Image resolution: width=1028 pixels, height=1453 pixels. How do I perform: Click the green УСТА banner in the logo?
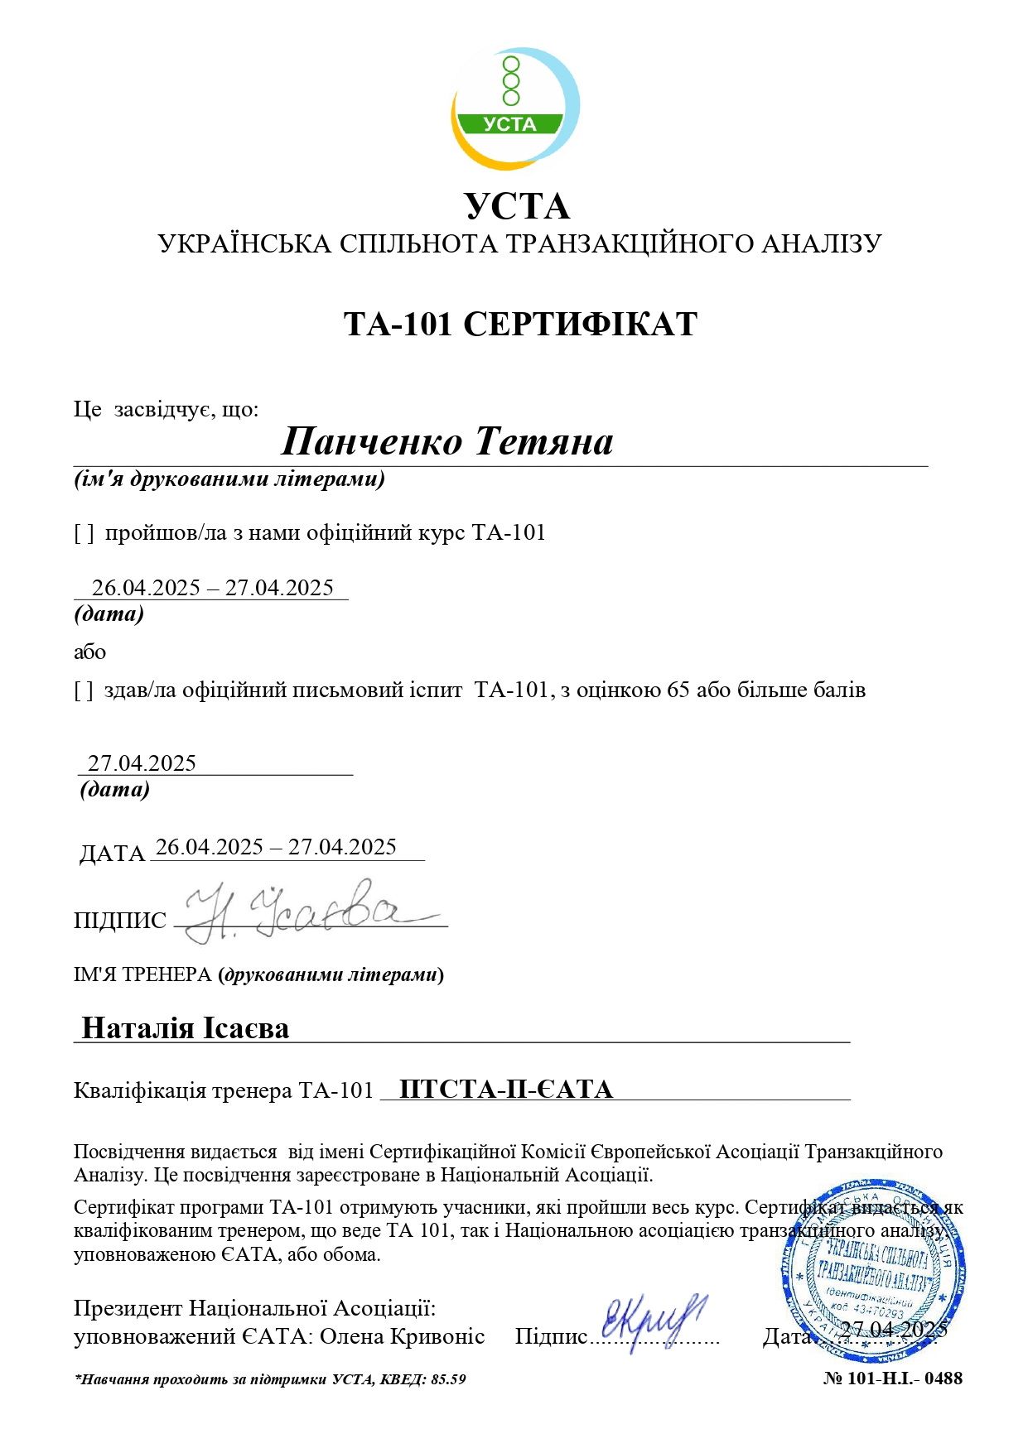510,124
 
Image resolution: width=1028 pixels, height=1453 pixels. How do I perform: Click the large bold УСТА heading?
517,207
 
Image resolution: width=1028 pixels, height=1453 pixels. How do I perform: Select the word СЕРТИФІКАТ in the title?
580,324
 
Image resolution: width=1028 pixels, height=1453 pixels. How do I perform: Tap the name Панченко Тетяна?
447,441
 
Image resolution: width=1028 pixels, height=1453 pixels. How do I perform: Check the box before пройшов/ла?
84,533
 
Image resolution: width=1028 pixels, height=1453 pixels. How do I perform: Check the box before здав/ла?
84,690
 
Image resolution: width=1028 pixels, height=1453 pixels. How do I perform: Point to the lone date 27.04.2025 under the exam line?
142,763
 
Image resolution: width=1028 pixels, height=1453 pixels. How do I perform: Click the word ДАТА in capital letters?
112,854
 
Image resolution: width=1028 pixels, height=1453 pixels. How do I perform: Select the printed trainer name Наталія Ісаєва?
186,1028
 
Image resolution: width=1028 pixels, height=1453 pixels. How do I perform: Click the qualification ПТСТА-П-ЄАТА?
506,1090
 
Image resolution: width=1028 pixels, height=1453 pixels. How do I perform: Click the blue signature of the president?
654,1320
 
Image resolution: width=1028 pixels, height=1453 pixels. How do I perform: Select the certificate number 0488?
944,1378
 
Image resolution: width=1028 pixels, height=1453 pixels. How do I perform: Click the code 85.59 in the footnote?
448,1379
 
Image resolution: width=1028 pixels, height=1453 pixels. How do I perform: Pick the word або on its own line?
89,652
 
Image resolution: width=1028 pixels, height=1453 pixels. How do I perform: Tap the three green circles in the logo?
511,81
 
